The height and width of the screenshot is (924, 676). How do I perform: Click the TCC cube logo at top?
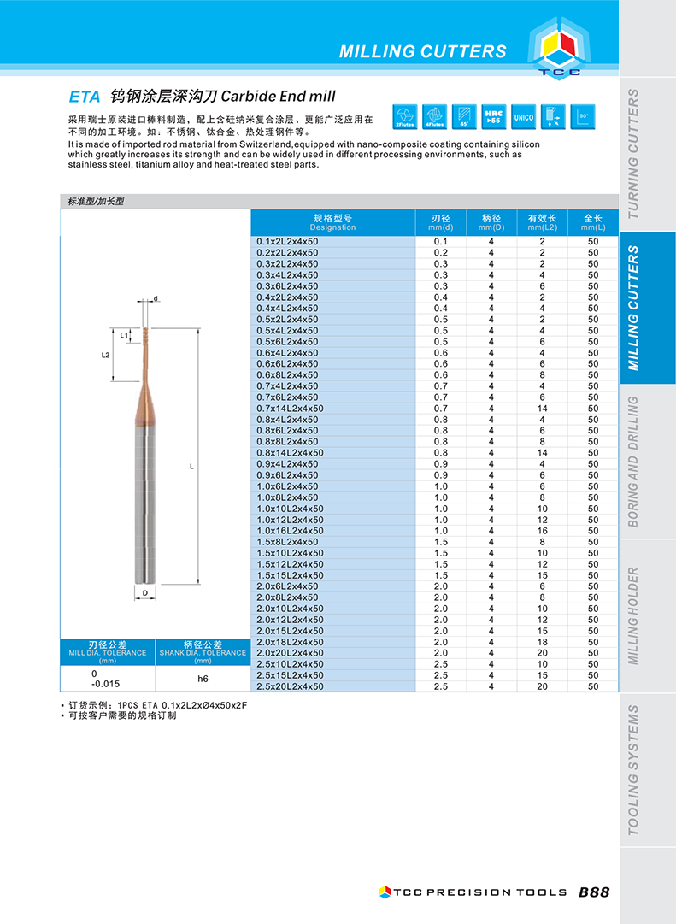click(560, 50)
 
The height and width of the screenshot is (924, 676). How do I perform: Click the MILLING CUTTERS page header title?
click(422, 51)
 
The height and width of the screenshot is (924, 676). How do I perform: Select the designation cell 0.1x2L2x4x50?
click(287, 242)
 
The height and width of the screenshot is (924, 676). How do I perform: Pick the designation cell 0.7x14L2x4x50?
click(291, 409)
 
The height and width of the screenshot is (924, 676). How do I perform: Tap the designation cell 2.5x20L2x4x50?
click(291, 686)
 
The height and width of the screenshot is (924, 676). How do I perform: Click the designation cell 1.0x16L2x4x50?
click(291, 531)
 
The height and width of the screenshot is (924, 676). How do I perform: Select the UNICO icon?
click(523, 117)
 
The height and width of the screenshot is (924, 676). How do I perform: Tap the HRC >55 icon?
click(494, 117)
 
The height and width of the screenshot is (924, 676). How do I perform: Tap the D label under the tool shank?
click(144, 591)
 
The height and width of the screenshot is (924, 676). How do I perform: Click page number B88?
click(594, 892)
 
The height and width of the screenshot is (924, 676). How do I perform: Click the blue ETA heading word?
click(85, 97)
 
